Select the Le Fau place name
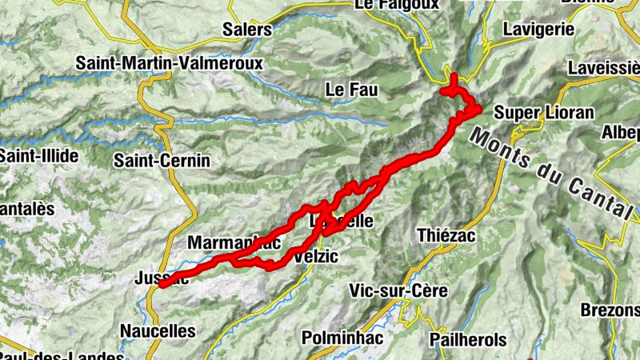pos(351,90)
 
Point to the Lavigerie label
pos(539,29)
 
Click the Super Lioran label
pos(544,112)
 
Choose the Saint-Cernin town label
pos(162,161)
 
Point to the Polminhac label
pos(342,338)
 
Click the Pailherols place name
pos(470,339)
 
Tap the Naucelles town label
pos(158,330)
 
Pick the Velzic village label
pos(317,257)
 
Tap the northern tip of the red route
pos(453,77)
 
